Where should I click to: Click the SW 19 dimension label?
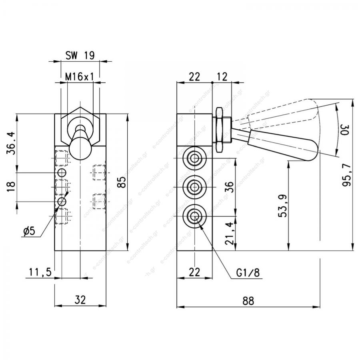coord(80,55)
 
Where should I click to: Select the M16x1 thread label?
coord(80,77)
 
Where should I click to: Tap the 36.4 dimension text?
coord(11,143)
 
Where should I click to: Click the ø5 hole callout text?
coord(29,231)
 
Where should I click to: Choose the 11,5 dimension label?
coord(40,272)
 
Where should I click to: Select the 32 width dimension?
coord(80,300)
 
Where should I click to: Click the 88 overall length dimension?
coord(248,301)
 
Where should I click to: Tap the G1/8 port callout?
coord(248,273)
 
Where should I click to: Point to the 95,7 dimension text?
coord(346,175)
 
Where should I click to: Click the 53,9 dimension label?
coord(283,206)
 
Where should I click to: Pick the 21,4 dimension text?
coord(229,233)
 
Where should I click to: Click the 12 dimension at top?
coord(222,77)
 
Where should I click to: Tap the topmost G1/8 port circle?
coord(195,158)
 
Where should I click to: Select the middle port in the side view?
coord(195,187)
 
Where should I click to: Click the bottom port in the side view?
coord(195,216)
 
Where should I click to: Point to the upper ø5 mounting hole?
coord(62,172)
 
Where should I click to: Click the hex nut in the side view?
coord(219,130)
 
